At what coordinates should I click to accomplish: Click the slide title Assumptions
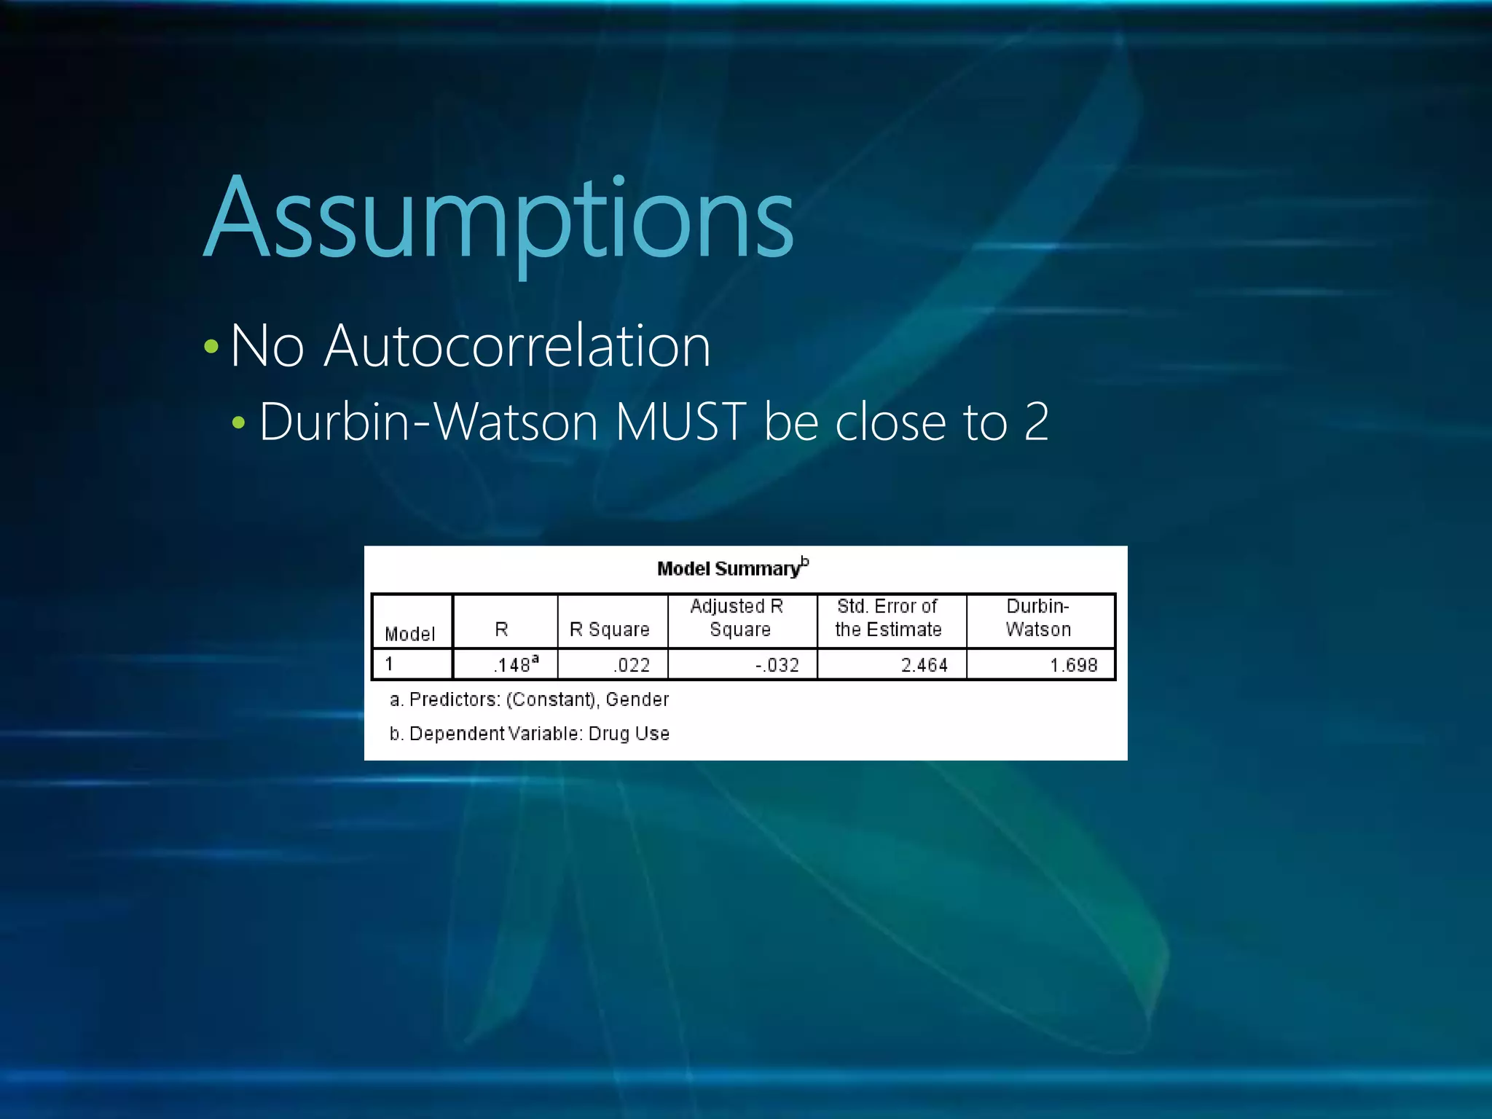(499, 219)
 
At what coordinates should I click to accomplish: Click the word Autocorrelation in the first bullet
(517, 346)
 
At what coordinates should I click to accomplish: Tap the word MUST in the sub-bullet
(680, 422)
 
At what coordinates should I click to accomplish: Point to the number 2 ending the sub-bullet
(1036, 422)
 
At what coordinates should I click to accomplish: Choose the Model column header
(409, 634)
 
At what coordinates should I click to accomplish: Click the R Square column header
(609, 629)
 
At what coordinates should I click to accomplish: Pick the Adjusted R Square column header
(737, 618)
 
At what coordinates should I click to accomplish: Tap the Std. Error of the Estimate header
(888, 618)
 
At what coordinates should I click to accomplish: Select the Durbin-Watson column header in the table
(1038, 618)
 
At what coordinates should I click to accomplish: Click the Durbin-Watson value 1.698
(1073, 665)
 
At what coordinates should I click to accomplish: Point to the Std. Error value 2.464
(924, 665)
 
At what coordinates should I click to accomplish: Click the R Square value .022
(632, 665)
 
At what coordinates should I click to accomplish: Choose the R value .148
(513, 665)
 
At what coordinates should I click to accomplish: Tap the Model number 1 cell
(390, 664)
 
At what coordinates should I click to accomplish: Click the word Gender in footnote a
(637, 699)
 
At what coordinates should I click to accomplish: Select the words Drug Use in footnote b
(629, 734)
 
